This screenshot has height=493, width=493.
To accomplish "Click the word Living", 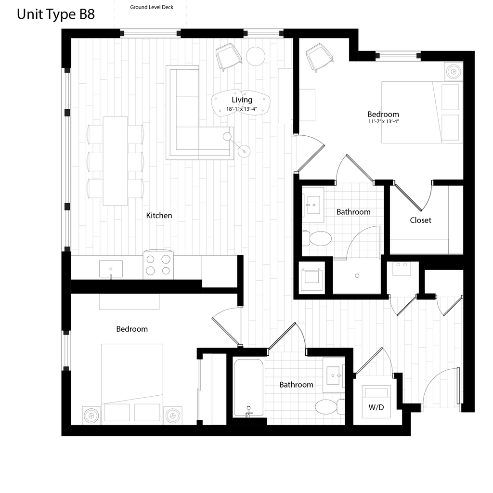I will coord(242,100).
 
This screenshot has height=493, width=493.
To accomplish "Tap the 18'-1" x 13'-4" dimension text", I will coord(242,109).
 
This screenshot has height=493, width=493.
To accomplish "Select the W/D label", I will coord(376,407).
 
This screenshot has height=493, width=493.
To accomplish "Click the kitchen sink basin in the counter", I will coord(111,269).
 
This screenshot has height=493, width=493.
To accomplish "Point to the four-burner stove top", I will coord(158,265).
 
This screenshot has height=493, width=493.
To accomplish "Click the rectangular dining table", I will coord(115,161).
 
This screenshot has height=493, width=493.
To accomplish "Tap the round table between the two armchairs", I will coord(256,56).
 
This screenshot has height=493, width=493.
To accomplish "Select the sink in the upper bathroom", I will coord(313,204).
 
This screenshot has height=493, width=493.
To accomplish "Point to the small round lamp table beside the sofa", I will coord(245,152).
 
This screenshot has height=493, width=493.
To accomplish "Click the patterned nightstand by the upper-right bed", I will coord(453,71).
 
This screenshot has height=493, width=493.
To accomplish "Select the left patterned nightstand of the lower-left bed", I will coord(91,415).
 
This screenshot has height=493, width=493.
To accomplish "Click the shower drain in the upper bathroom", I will coord(357,276).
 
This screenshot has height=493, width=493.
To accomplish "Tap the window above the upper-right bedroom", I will coord(398,56).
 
